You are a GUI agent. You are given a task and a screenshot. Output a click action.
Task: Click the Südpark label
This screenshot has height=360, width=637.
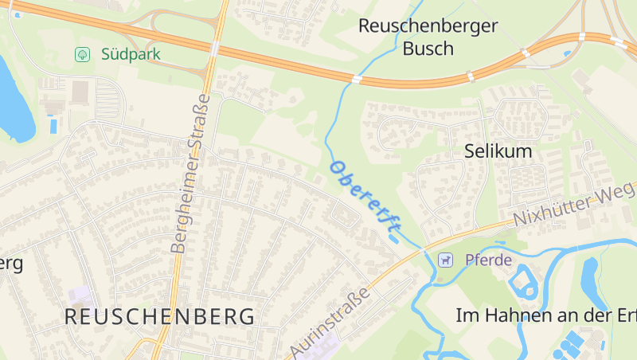pyautogui.click(x=131, y=54)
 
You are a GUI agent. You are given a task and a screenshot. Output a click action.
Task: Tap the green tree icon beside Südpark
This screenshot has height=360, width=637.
pyautogui.click(x=81, y=54)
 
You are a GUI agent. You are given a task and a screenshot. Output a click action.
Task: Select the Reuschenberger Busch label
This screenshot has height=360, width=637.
pyautogui.click(x=428, y=37)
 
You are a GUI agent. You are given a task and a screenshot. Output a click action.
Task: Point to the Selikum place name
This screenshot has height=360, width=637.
pyautogui.click(x=498, y=151)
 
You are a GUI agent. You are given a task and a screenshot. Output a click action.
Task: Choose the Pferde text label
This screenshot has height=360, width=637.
pyautogui.click(x=488, y=260)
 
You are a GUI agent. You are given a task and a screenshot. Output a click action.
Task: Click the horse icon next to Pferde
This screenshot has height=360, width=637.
pyautogui.click(x=445, y=260)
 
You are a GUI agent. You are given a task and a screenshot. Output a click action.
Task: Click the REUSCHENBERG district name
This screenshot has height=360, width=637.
pyautogui.click(x=160, y=316)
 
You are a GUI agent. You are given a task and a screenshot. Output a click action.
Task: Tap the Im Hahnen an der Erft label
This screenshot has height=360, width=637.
pyautogui.click(x=546, y=315)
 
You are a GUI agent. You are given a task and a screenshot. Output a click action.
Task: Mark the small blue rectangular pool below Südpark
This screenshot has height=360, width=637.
pyautogui.click(x=53, y=125)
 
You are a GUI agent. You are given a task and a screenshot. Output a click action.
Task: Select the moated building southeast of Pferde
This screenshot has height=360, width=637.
pyautogui.click(x=525, y=282)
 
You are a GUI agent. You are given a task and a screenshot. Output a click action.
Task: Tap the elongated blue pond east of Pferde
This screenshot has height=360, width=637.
pyautogui.click(x=590, y=274)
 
